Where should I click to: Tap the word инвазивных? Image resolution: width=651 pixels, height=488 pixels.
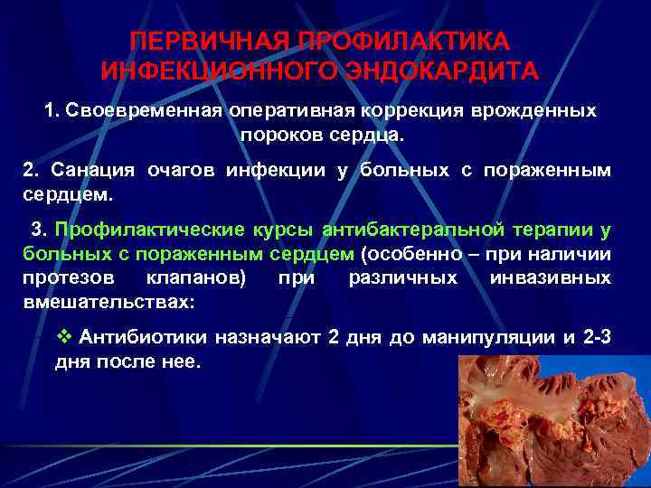click(x=550, y=277)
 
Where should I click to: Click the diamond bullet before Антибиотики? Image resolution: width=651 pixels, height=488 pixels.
click(x=64, y=337)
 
